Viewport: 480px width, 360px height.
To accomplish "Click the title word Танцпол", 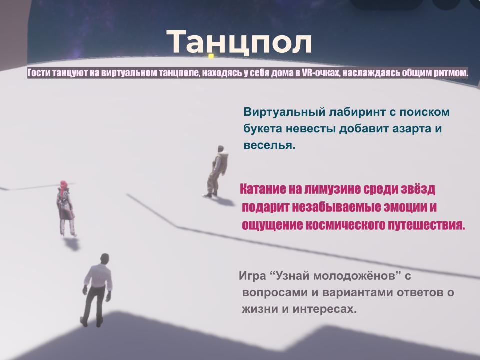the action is (239, 42).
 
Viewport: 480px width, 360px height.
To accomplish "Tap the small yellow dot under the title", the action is (211, 56).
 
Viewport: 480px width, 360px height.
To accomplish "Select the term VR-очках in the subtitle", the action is (321, 73).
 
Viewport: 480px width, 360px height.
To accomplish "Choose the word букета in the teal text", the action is (263, 129).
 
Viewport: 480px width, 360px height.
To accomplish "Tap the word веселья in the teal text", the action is (269, 145).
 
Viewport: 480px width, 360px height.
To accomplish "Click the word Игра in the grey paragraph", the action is (252, 276).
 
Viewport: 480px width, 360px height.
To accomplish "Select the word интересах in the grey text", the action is (325, 309).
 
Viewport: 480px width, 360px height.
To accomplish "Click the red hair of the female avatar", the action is (63, 186).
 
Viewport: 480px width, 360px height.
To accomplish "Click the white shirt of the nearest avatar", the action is (98, 276).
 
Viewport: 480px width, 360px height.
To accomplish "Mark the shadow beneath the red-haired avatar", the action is (72, 244).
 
